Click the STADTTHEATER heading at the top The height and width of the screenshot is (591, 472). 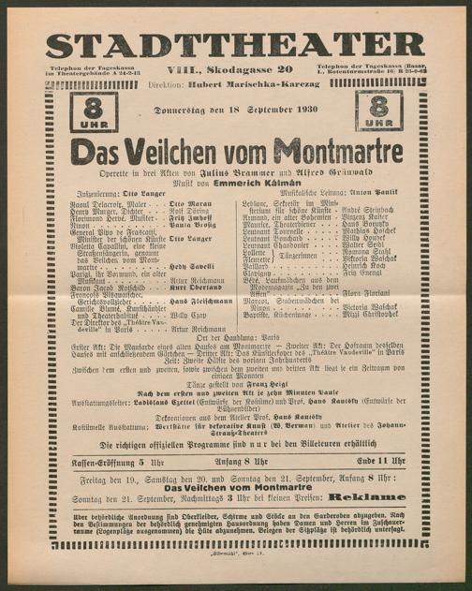(235, 44)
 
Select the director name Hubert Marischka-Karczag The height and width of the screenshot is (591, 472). (254, 83)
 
